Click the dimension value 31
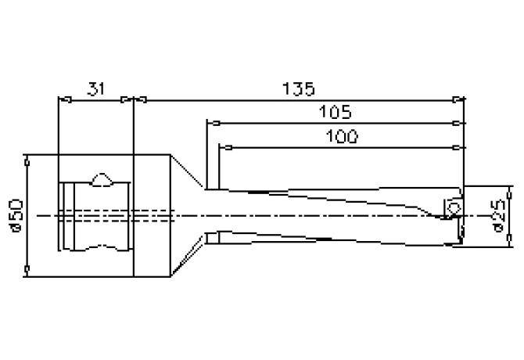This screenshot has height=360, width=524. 95,88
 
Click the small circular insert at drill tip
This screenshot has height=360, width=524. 453,207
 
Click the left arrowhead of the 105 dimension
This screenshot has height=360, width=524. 210,122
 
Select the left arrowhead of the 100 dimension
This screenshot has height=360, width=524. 223,146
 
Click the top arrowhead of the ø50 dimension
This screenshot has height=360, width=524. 27,159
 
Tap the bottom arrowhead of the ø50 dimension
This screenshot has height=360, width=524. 27,272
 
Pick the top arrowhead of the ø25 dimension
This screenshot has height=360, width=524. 509,189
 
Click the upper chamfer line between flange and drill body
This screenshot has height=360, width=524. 188,172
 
